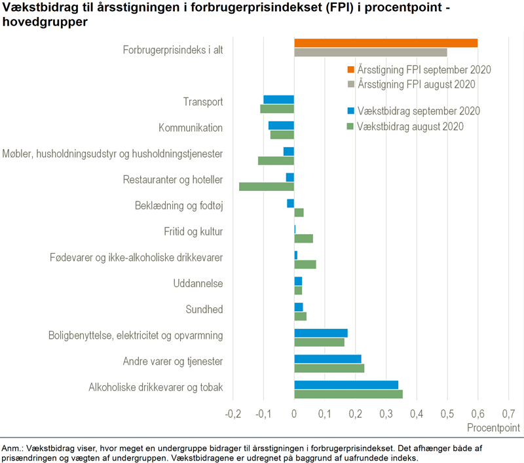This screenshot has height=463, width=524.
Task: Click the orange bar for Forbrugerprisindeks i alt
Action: (386, 43)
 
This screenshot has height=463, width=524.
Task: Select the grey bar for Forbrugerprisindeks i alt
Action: (371, 52)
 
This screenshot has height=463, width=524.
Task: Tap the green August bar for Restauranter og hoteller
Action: (267, 186)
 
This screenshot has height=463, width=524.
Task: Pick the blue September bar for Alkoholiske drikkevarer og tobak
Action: (346, 385)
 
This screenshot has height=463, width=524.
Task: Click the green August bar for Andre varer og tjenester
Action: (329, 368)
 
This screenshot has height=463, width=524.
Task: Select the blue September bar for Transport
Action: (278, 99)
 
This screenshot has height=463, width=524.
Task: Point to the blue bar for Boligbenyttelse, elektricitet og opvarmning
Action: (320, 333)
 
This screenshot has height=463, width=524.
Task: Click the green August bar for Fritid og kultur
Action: (303, 238)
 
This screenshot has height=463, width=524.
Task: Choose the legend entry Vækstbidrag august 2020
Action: (410, 126)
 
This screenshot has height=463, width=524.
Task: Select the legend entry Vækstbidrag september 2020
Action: (418, 111)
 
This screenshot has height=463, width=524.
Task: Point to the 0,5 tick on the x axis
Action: (447, 414)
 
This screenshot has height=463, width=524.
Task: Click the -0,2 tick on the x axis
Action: (233, 414)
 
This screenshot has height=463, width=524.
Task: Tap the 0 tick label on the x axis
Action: (294, 414)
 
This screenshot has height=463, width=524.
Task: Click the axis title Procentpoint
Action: (493, 428)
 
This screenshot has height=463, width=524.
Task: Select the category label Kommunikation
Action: (191, 128)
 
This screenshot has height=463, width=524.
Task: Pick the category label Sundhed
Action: (205, 309)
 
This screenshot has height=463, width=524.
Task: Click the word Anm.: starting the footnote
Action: (13, 448)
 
